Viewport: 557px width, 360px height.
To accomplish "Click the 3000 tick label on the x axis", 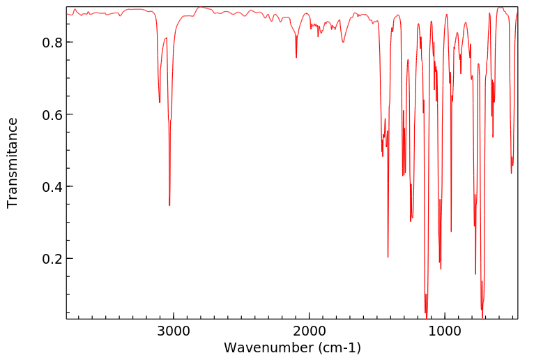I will pos(173,332).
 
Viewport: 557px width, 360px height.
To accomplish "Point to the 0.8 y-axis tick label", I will pos(51,42).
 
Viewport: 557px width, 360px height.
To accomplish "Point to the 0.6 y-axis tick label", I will pos(51,114).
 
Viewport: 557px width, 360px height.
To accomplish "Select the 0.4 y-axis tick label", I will pos(51,186).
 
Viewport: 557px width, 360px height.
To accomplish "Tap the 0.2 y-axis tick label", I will pos(51,259).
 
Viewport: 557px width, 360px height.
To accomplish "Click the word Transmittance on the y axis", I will pos(13,163).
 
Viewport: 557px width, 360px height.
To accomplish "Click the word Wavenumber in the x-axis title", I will pos(261,347).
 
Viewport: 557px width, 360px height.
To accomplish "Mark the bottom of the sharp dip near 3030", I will pos(169,205).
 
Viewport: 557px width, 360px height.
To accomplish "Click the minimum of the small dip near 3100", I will pos(160,103).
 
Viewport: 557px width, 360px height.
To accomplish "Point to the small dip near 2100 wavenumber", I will pos(296,57).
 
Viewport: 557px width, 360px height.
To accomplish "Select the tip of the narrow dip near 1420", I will pos(388,257).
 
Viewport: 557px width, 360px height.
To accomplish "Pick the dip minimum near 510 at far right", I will pos(512,173).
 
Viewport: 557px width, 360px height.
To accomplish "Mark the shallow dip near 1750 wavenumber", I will pos(343,42).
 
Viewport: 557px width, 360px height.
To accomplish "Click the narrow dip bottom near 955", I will pos(451,232).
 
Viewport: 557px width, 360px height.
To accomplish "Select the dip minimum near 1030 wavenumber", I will pos(441,269).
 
